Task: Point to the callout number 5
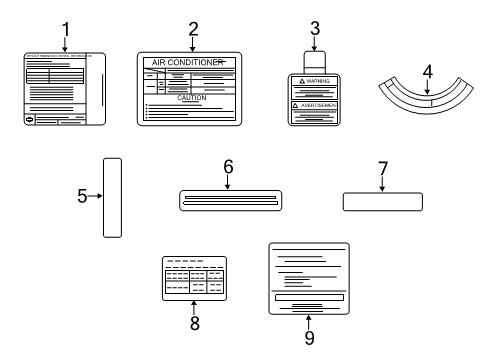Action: (82, 197)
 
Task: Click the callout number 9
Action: (308, 338)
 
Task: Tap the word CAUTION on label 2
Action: (191, 99)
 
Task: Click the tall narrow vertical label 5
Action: (113, 197)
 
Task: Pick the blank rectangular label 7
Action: (381, 202)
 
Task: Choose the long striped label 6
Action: (228, 201)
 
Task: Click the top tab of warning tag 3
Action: (314, 59)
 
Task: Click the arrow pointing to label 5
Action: (95, 197)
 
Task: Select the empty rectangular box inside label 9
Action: (309, 297)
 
